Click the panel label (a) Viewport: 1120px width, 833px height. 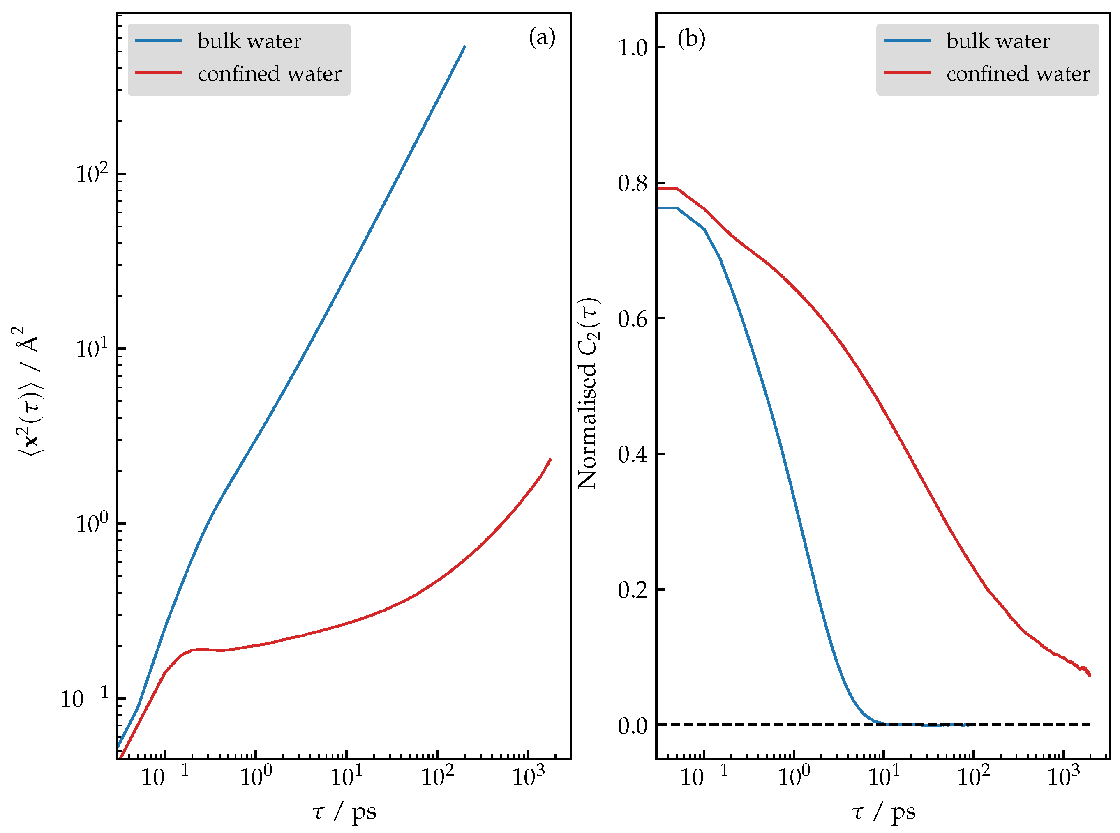coord(542,37)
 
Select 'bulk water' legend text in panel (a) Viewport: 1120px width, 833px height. coord(249,41)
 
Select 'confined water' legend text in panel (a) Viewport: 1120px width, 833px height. coord(269,74)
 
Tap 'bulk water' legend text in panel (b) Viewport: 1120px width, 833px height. coord(998,41)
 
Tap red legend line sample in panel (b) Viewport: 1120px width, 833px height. coord(907,73)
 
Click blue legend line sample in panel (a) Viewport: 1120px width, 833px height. coord(158,40)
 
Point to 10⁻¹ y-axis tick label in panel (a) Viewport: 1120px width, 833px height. coord(84,698)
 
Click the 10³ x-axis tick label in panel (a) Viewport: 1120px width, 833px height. coord(528,775)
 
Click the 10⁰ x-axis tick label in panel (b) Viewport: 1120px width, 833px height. coord(794,775)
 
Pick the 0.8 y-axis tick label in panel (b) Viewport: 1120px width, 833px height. coord(632,183)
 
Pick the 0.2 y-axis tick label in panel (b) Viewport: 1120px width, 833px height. coord(632,589)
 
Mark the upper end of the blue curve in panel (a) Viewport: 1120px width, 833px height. coord(465,46)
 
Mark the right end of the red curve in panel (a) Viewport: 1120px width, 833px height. coord(550,459)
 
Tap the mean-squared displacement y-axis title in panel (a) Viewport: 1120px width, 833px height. coord(28,391)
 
